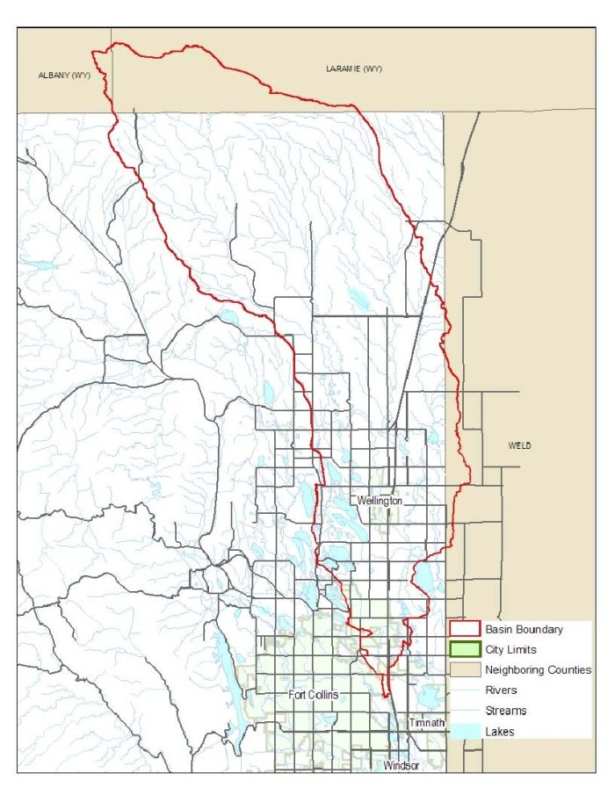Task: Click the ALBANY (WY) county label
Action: pos(64,76)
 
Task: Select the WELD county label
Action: pos(519,445)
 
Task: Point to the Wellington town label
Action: pos(380,500)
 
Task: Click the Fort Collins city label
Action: pos(314,695)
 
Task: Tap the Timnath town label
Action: pos(427,723)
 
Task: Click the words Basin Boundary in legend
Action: pos(524,629)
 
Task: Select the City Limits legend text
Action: pos(513,649)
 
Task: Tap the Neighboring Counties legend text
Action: pos(538,669)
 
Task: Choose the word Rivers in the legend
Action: pos(501,690)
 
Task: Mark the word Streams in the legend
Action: pos(505,711)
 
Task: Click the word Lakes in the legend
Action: pos(500,731)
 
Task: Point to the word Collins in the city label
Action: pos(324,695)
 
